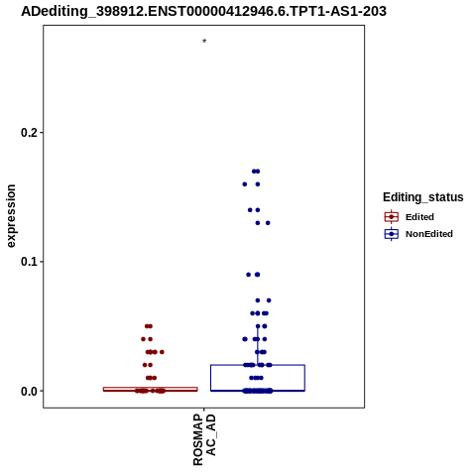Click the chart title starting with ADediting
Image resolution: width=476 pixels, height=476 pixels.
pyautogui.click(x=203, y=12)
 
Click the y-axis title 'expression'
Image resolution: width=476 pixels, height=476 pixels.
pyautogui.click(x=11, y=216)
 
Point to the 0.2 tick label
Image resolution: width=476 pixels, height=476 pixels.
pyautogui.click(x=28, y=133)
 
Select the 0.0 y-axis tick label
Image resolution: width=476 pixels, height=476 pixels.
pyautogui.click(x=28, y=391)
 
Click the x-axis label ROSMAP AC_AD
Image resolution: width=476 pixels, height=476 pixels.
pyautogui.click(x=204, y=439)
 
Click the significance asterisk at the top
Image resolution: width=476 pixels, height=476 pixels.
pyautogui.click(x=204, y=41)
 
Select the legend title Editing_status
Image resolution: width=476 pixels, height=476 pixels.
pyautogui.click(x=423, y=197)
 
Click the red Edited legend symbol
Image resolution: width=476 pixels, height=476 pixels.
pyautogui.click(x=392, y=217)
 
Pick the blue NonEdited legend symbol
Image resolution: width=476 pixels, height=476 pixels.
pyautogui.click(x=392, y=234)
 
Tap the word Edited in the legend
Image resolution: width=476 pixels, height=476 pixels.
pyautogui.click(x=419, y=217)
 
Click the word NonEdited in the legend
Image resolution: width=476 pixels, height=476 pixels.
pyautogui.click(x=429, y=234)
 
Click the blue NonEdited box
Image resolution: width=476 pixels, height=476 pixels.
pyautogui.click(x=258, y=365)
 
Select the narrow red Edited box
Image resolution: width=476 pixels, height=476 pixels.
pyautogui.click(x=151, y=388)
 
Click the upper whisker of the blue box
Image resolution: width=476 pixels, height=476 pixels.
pyautogui.click(x=258, y=345)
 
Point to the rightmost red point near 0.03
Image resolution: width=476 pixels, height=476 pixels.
pyautogui.click(x=162, y=352)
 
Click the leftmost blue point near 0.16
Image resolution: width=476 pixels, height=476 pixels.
pyautogui.click(x=245, y=184)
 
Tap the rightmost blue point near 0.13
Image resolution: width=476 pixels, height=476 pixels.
pyautogui.click(x=268, y=223)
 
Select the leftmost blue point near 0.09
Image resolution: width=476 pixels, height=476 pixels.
pyautogui.click(x=249, y=275)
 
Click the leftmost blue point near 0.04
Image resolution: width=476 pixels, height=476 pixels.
pyautogui.click(x=245, y=339)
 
